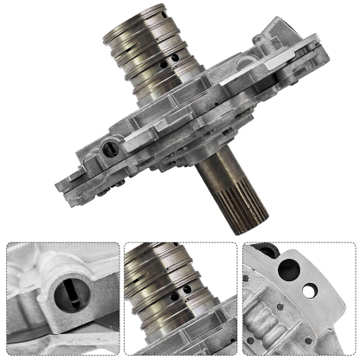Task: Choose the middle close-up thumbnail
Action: pos(180,299)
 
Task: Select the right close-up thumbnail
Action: pos(299,299)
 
